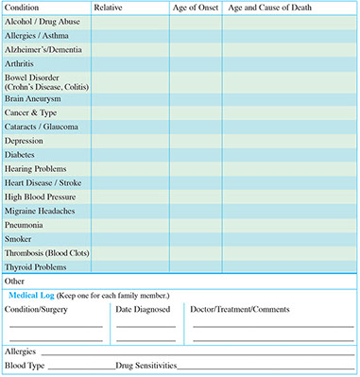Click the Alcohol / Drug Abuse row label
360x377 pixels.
click(43, 21)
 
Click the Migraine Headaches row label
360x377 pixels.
click(41, 211)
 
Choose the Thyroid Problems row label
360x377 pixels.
click(38, 266)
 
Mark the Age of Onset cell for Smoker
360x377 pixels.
click(196, 239)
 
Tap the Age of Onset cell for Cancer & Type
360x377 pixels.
click(196, 111)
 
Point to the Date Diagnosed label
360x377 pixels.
click(143, 309)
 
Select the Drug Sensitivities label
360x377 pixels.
click(146, 365)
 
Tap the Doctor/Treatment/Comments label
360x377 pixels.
click(240, 309)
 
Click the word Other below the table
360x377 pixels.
click(14, 281)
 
